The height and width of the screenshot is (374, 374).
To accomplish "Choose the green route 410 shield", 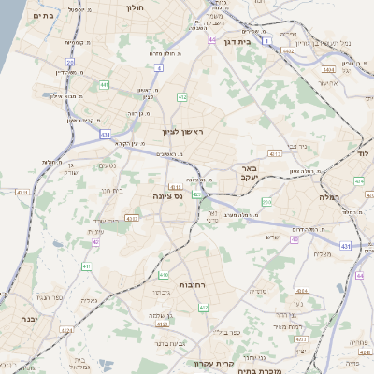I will click(x=164, y=276).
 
